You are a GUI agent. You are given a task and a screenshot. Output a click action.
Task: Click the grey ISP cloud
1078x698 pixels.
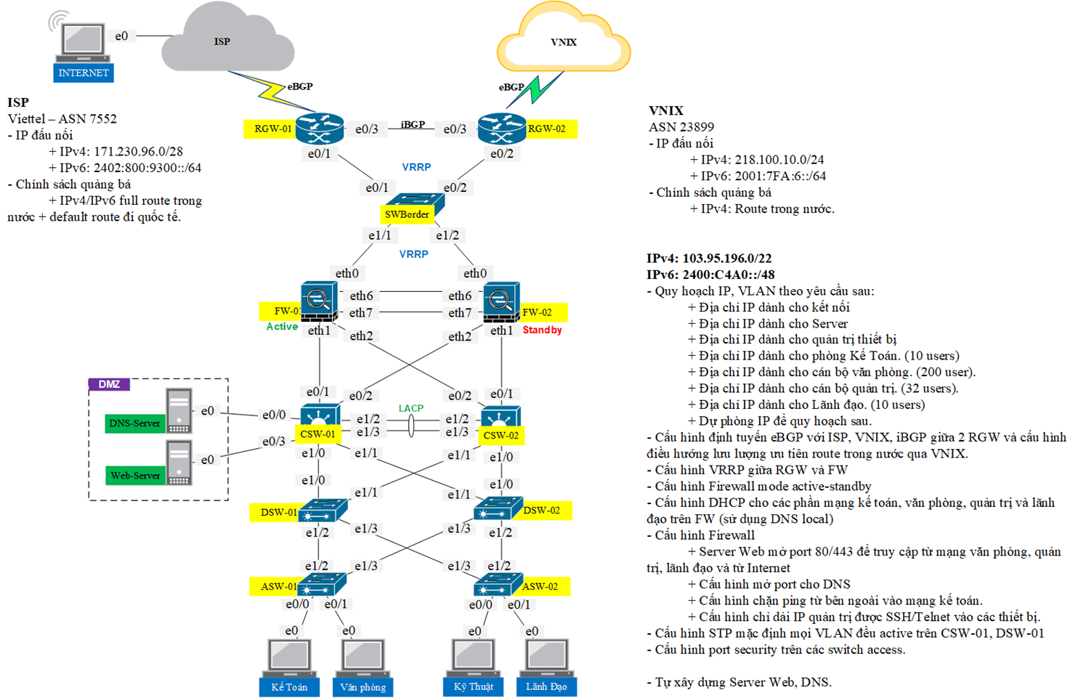(x=227, y=42)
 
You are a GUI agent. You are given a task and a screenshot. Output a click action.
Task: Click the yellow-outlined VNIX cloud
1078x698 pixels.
(x=564, y=42)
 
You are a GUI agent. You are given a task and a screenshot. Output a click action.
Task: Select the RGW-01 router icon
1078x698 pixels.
(x=319, y=129)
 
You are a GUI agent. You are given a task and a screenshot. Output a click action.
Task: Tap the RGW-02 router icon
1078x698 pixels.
(x=502, y=129)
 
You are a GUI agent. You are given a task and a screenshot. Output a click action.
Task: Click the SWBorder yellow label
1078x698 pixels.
(x=407, y=214)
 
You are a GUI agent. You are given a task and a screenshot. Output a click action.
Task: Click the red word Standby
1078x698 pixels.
(x=542, y=330)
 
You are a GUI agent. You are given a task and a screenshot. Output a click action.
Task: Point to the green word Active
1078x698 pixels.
(x=282, y=327)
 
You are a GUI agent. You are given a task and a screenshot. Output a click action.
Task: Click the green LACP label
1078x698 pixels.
(x=411, y=408)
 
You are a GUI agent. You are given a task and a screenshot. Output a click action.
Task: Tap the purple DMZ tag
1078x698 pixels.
(x=109, y=384)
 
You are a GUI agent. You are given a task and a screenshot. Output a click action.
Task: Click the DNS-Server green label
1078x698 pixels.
(x=134, y=423)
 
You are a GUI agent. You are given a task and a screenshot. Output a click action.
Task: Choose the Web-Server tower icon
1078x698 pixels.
(x=179, y=463)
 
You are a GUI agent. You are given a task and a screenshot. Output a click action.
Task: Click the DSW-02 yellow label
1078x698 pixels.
(x=541, y=511)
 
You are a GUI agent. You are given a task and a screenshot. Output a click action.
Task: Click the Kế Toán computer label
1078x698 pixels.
(x=289, y=687)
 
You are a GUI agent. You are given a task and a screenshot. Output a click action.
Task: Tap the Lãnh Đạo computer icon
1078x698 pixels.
(x=546, y=657)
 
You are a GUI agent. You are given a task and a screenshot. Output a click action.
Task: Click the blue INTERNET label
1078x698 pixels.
(x=84, y=73)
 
